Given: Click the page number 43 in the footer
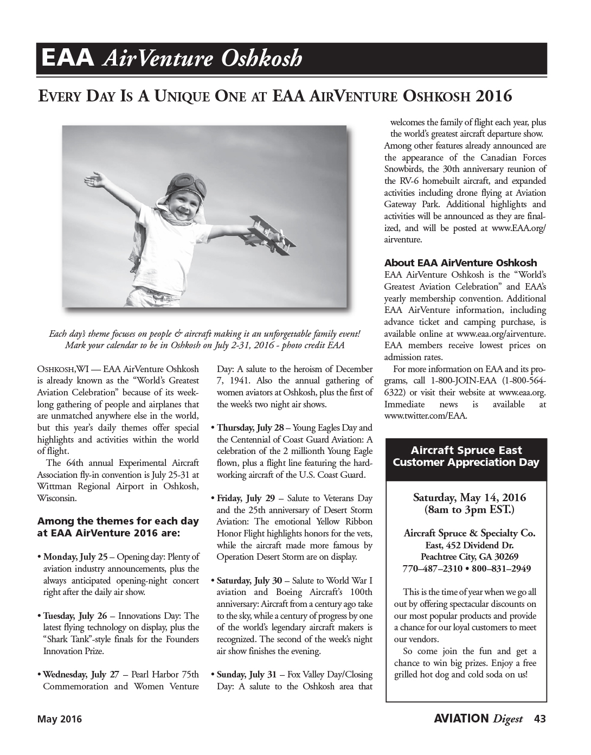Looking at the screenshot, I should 539,719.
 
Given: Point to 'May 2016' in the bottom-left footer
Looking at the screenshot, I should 59,719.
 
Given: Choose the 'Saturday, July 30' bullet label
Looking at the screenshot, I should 250,580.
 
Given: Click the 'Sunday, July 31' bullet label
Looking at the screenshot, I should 247,675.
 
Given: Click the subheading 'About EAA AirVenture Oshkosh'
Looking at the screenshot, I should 460,263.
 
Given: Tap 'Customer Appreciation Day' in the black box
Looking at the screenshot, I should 466,463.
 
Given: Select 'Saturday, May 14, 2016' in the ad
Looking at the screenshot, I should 469,497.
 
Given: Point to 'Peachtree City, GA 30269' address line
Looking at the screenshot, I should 470,557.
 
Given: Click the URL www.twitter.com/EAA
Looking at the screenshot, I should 425,416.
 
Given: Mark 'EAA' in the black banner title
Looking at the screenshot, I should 69,58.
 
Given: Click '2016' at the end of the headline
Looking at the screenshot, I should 493,97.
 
